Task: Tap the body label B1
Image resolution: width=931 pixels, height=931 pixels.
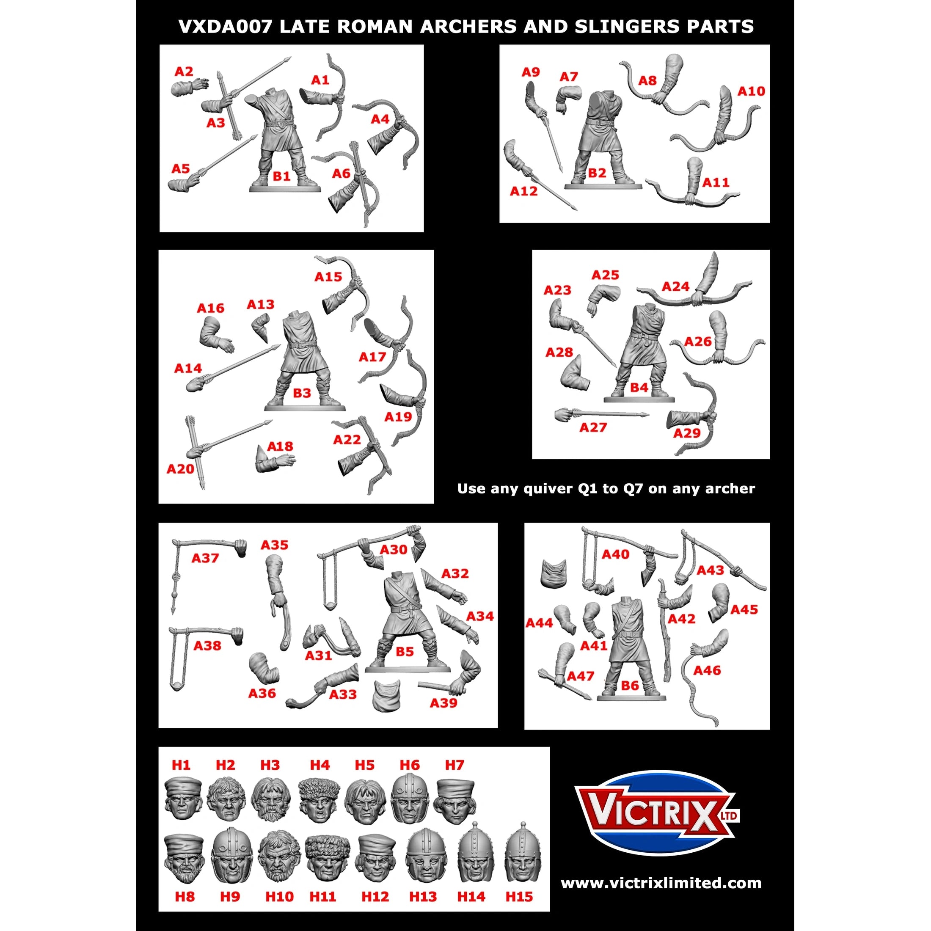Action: click(281, 176)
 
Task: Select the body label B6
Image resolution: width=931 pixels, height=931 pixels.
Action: click(630, 686)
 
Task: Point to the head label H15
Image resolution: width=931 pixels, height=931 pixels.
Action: click(519, 896)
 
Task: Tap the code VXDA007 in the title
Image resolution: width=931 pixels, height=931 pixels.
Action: click(225, 27)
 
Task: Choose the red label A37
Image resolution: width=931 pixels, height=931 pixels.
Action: click(205, 558)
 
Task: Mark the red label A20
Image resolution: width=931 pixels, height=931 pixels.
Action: click(180, 469)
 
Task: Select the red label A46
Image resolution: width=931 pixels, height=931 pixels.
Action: click(707, 670)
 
